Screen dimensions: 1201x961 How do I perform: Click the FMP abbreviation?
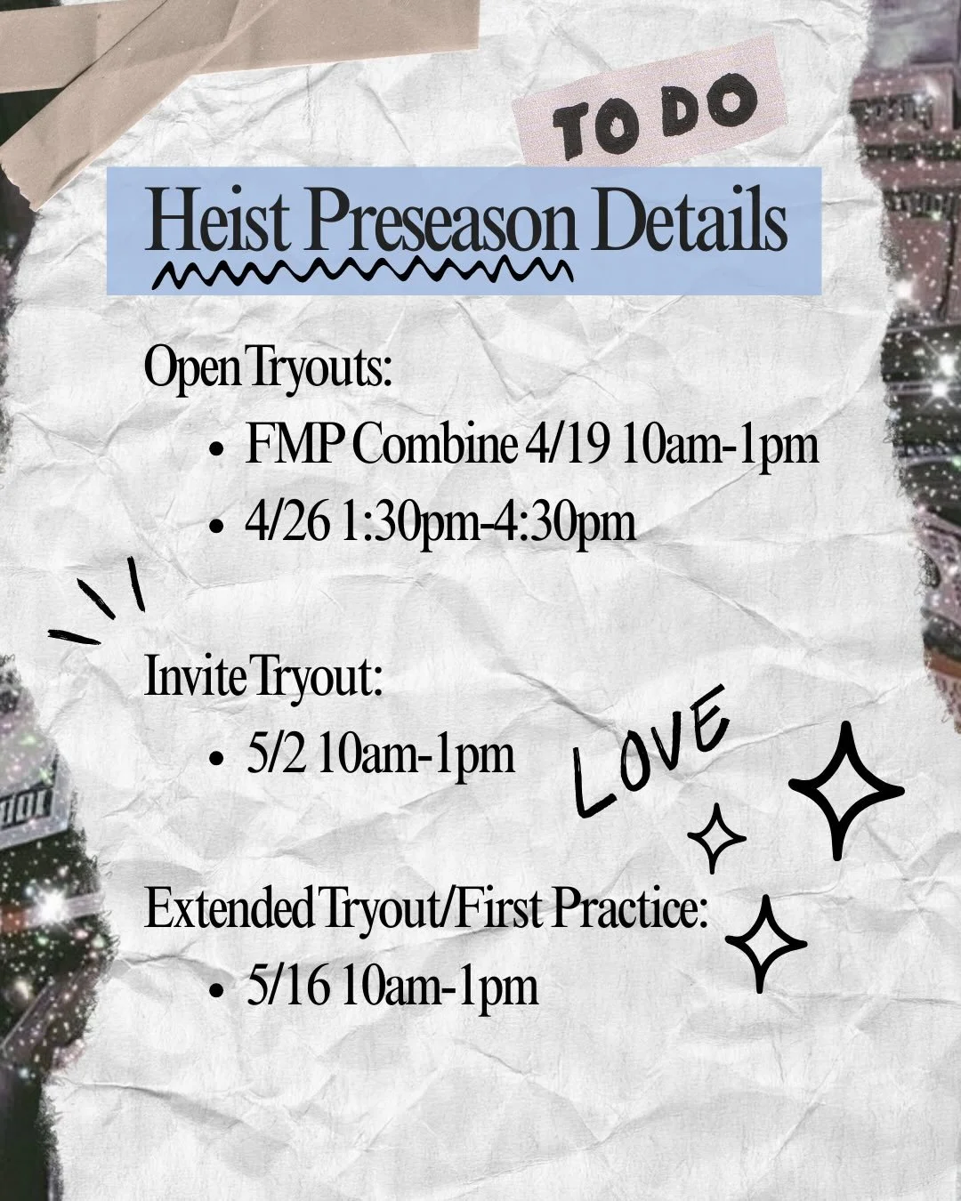[x=293, y=445]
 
